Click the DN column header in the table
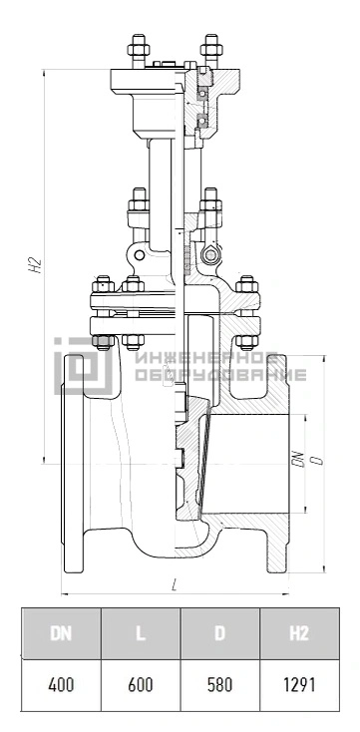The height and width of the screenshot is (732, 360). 61,633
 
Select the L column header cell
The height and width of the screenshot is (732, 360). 141,633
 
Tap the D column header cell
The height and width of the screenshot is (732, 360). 220,633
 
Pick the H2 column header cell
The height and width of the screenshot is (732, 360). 299,633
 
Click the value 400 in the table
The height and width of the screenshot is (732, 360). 61,685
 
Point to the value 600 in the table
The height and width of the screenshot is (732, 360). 141,685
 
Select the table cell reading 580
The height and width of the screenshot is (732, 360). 220,685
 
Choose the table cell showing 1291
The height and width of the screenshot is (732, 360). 299,685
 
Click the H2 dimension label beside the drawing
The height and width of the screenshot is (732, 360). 36,265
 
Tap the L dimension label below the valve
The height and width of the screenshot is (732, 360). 175,584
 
